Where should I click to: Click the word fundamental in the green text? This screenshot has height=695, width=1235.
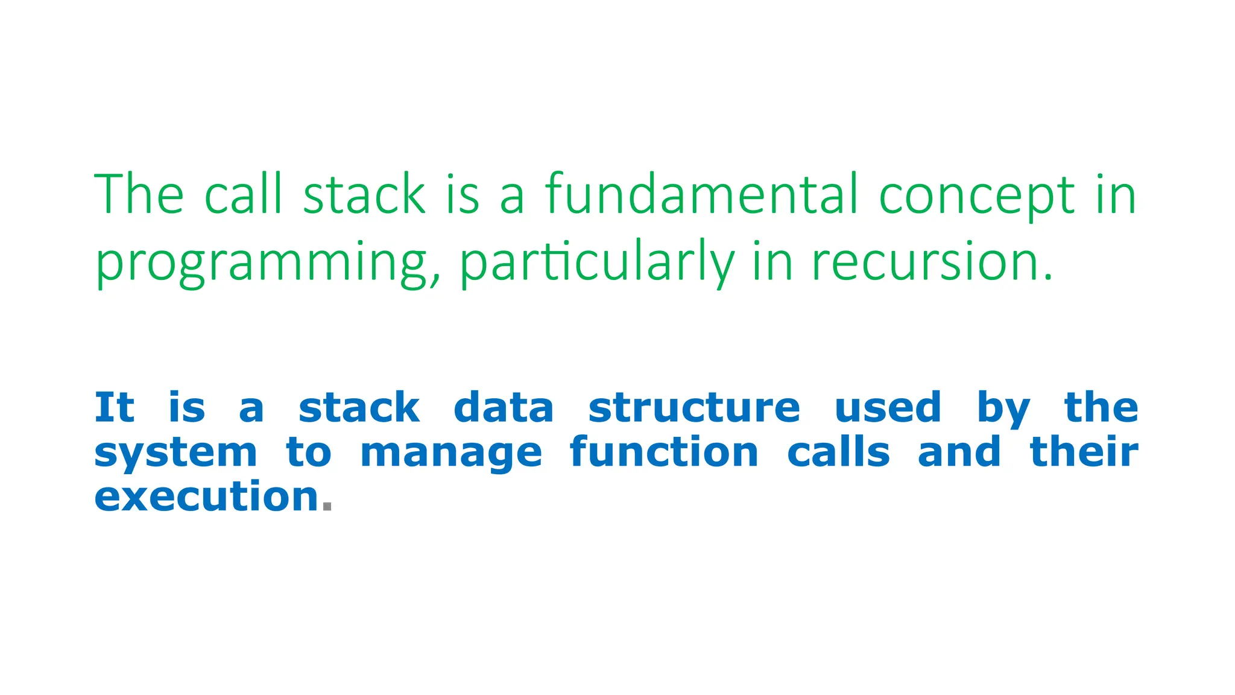pyautogui.click(x=701, y=194)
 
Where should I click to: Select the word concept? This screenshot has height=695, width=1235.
pyautogui.click(x=977, y=195)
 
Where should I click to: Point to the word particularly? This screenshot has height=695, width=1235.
pyautogui.click(x=597, y=263)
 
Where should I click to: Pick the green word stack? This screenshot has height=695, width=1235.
pyautogui.click(x=364, y=194)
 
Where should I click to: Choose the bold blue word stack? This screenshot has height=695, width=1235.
pyautogui.click(x=359, y=408)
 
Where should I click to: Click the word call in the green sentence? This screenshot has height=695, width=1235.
pyautogui.click(x=243, y=194)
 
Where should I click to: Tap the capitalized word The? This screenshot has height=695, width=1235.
pyautogui.click(x=139, y=194)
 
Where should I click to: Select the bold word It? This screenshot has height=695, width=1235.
pyautogui.click(x=114, y=408)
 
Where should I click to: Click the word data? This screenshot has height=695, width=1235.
pyautogui.click(x=504, y=408)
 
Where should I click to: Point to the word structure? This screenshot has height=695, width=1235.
pyautogui.click(x=694, y=408)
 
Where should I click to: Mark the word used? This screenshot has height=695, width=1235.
pyautogui.click(x=888, y=408)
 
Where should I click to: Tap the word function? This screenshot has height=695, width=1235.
pyautogui.click(x=664, y=452)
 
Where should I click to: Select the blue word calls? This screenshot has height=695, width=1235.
pyautogui.click(x=838, y=452)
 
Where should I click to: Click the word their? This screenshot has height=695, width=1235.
pyautogui.click(x=1084, y=452)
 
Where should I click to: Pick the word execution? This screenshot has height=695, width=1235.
pyautogui.click(x=206, y=497)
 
